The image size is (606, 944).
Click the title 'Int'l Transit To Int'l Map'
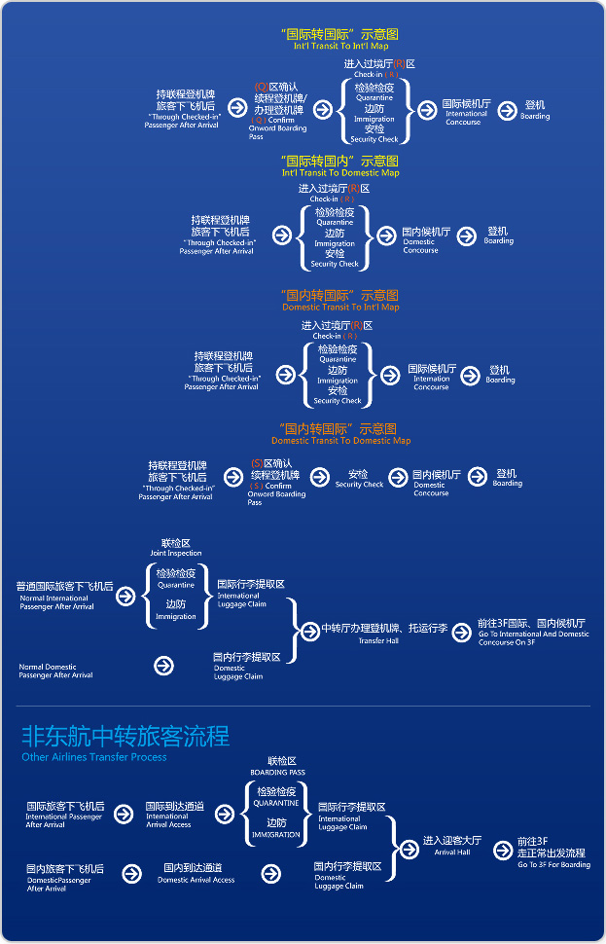(340, 46)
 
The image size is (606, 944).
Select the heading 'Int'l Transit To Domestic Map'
(340, 172)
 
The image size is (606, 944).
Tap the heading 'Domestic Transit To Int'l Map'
(340, 307)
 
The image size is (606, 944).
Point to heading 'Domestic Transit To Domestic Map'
(340, 440)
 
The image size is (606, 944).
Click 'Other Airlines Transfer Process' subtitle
(94, 757)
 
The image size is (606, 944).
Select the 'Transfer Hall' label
(378, 641)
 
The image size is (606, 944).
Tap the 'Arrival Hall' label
(452, 852)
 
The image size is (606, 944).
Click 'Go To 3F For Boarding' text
(553, 864)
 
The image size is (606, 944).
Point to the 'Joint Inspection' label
(176, 554)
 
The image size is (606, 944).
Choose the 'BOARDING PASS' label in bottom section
(277, 772)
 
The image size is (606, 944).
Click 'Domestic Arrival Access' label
(196, 880)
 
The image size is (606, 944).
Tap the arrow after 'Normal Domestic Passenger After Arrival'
(163, 666)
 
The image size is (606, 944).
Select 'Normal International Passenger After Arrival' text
(56, 602)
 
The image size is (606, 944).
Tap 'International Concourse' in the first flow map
(463, 118)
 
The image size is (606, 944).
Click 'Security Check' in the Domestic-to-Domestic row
(359, 485)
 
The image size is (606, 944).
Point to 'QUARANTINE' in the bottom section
(276, 804)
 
